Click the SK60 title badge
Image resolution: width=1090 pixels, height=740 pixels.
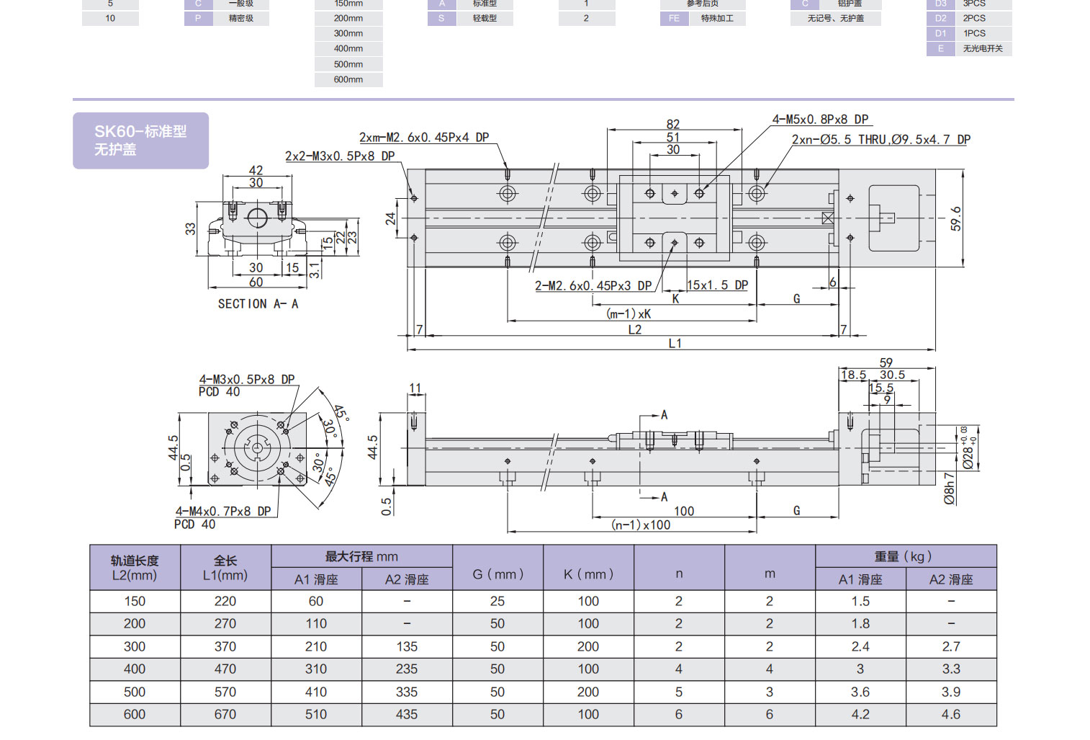(x=140, y=141)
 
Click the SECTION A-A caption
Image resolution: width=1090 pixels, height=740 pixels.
(x=258, y=304)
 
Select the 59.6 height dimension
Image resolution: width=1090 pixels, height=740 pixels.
(x=955, y=218)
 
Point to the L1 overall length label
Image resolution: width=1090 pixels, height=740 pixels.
(x=675, y=344)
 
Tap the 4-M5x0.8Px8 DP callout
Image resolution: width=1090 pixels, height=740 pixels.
(x=820, y=120)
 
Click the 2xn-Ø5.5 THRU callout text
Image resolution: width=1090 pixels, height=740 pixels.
(x=880, y=140)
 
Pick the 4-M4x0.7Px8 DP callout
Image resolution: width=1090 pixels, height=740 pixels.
(x=223, y=512)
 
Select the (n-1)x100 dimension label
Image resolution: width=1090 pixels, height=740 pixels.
(x=640, y=525)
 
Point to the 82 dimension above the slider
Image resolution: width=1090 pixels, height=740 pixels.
(x=672, y=124)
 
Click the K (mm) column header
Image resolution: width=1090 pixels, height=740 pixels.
(x=588, y=574)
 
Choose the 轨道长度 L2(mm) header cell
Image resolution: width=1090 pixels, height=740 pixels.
(x=135, y=568)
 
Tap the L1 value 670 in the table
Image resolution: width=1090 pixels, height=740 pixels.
(x=225, y=714)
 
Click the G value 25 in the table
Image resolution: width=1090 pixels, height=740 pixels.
(x=497, y=601)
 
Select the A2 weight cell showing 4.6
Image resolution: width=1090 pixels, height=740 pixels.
(x=951, y=714)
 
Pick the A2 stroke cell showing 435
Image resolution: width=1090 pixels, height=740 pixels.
(x=407, y=714)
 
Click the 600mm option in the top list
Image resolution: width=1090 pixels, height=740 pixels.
(x=348, y=80)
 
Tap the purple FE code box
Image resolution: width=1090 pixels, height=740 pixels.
(x=674, y=19)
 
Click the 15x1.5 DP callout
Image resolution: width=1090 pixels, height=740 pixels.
(x=717, y=285)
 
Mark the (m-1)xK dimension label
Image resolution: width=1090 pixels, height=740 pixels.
(x=629, y=314)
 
